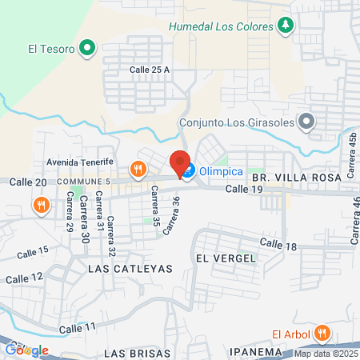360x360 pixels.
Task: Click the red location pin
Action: pos(180,162)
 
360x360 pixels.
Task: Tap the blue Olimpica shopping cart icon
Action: pos(187,170)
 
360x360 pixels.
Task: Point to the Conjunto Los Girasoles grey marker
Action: pos(305,122)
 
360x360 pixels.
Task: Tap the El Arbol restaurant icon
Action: pos(322,334)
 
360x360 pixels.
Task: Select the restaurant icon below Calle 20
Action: pos(41,205)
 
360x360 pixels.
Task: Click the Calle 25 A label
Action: pos(150,70)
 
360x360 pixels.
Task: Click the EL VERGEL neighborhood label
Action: pos(225,258)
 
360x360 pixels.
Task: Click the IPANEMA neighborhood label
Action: pos(238,352)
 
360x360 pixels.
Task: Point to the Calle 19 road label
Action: pos(244,189)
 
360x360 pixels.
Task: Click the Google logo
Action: pos(27,350)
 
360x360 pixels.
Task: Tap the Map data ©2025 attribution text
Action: pos(326,354)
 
